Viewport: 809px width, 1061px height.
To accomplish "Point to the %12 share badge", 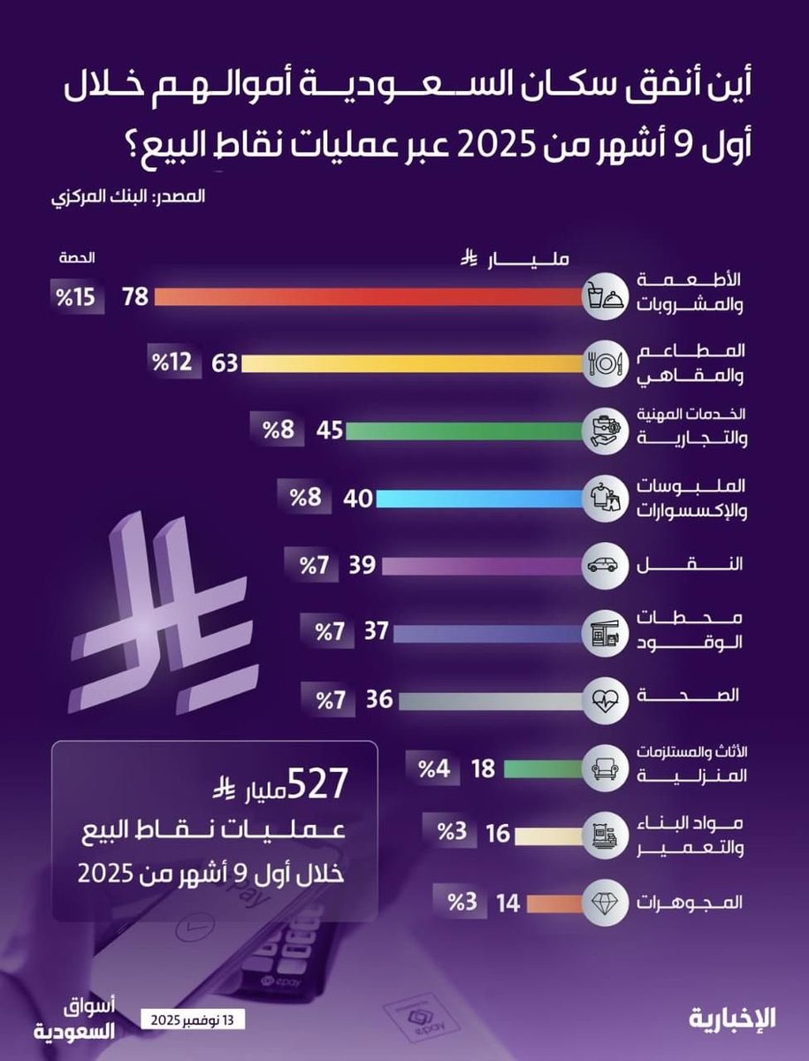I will tap(174, 363).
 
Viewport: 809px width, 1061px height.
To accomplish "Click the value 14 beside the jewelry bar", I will tap(508, 904).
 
